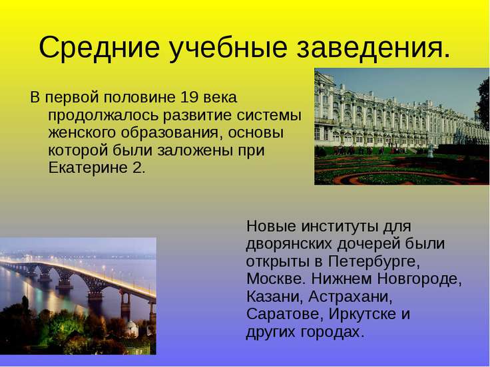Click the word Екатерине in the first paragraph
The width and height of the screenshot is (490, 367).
click(x=89, y=167)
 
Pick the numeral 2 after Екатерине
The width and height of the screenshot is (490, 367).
click(x=138, y=167)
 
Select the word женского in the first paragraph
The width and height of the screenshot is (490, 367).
click(x=79, y=132)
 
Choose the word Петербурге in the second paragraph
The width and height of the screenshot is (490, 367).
click(x=379, y=260)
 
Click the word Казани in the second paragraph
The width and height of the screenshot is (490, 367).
click(x=270, y=295)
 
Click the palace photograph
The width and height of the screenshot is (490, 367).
click(x=401, y=126)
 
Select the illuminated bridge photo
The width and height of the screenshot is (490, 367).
click(x=78, y=296)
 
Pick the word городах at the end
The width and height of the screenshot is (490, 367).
click(x=330, y=330)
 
